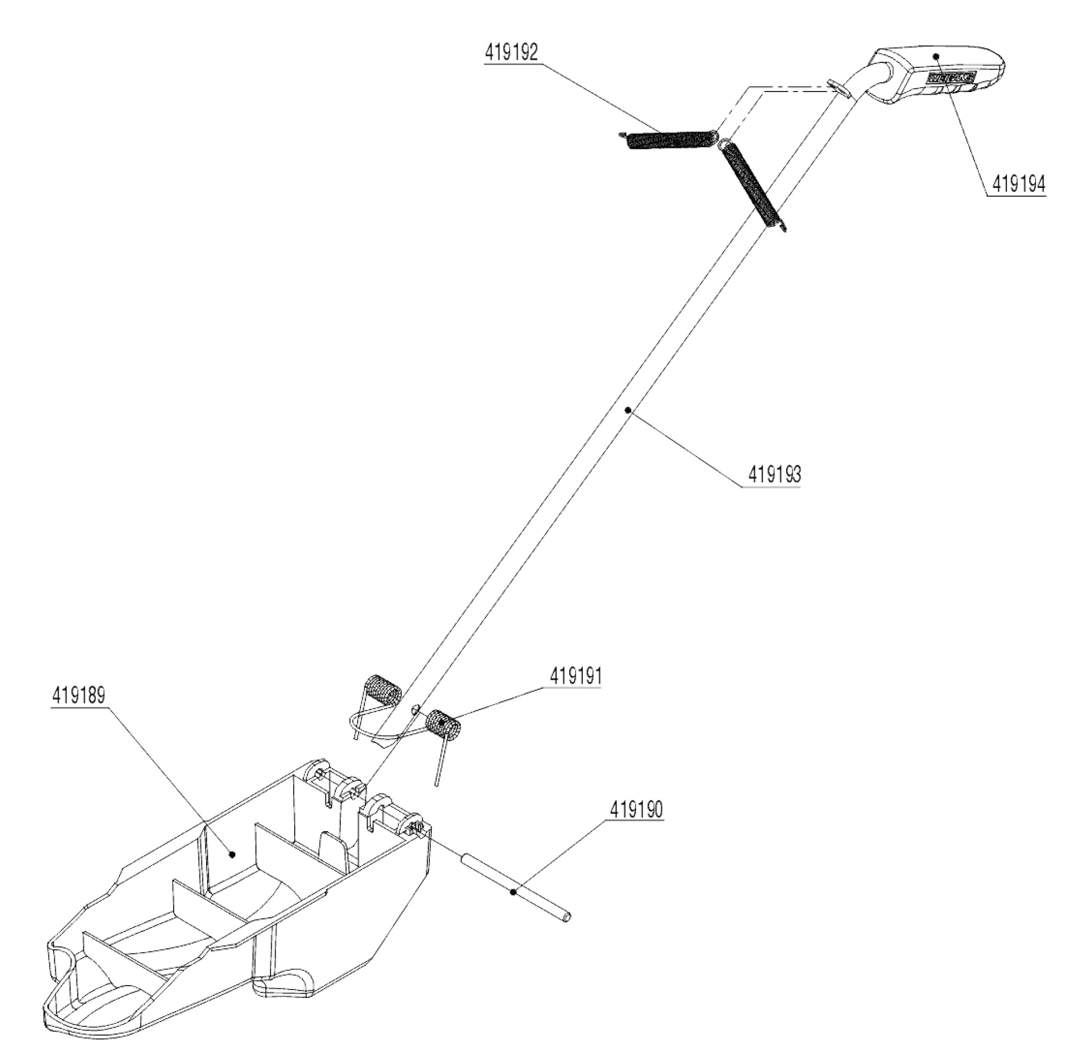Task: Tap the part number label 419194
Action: point(1018,184)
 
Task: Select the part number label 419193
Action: point(774,474)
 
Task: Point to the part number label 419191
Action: point(575,676)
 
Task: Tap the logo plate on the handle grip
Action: point(952,79)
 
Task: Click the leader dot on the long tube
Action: point(627,410)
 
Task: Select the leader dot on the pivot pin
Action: point(514,892)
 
